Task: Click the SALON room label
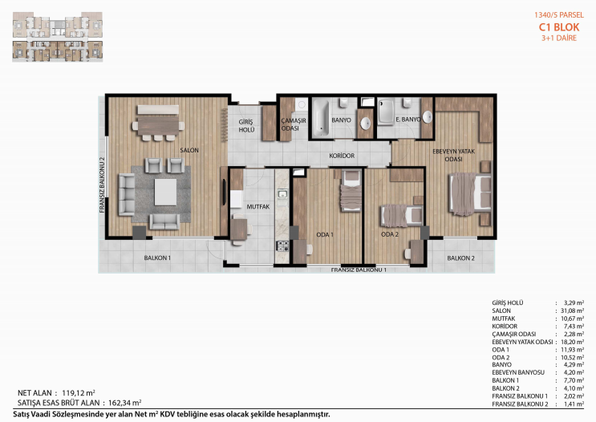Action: coord(189,150)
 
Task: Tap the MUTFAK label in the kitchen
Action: coord(258,207)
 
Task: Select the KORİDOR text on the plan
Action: coord(342,156)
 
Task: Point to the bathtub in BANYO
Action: coord(321,118)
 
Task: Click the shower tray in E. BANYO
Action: coord(386,112)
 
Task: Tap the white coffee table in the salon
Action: coord(165,192)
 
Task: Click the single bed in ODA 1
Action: coord(351,190)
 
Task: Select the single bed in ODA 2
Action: coord(402,215)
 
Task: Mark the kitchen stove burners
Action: coord(282,246)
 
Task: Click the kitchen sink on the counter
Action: coord(282,194)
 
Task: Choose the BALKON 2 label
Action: coord(460,258)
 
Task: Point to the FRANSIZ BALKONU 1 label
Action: coord(359,270)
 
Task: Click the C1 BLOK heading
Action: coord(559,27)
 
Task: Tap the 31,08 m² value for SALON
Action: coord(573,310)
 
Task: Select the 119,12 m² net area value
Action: coord(79,393)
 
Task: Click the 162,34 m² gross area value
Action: coord(124,403)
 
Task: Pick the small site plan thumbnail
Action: coord(58,36)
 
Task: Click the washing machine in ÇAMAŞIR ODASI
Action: coord(302,103)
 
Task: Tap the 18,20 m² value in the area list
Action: coord(573,342)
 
